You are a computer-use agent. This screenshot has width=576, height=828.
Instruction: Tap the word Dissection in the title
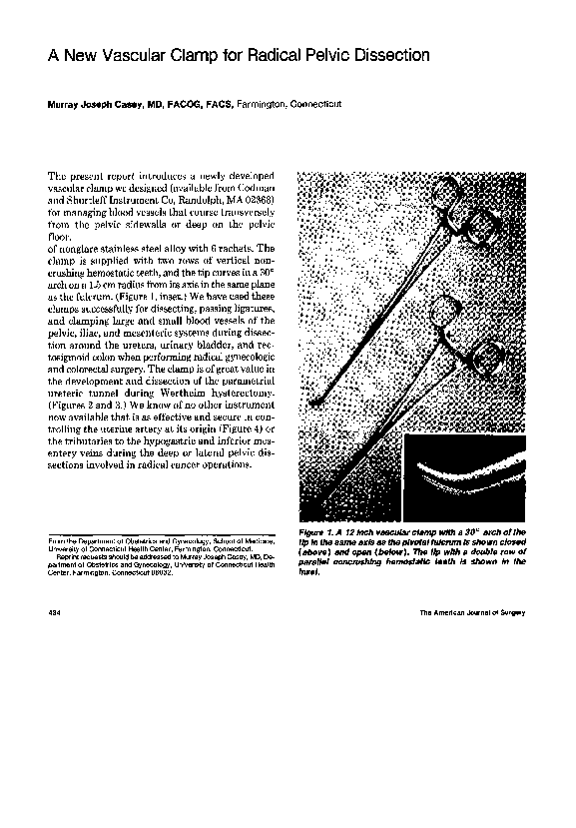click(x=383, y=56)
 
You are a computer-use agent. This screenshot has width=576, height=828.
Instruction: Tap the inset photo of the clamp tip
click(x=464, y=475)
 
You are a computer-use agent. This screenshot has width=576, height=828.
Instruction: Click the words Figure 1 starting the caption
click(x=318, y=533)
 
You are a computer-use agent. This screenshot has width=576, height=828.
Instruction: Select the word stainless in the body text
click(x=130, y=248)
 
